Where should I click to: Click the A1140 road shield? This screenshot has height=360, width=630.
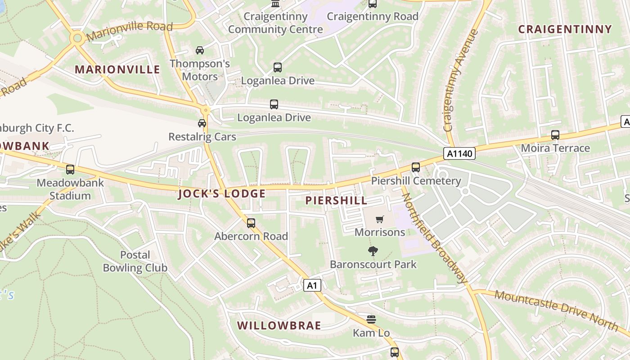[459, 154]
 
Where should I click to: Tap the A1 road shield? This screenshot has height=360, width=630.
[312, 285]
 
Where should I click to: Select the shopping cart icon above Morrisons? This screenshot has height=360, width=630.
[380, 220]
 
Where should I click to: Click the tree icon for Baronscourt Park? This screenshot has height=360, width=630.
[373, 251]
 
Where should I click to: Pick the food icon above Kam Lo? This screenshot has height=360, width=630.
[371, 319]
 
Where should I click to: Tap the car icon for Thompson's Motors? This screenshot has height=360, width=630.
[200, 50]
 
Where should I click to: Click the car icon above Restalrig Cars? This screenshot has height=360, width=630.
[202, 123]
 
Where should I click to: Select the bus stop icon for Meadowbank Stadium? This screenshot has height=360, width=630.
[70, 170]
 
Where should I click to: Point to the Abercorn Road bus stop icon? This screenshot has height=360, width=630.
[251, 223]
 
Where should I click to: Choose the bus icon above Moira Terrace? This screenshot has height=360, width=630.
[555, 135]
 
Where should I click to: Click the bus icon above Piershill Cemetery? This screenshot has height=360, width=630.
[415, 167]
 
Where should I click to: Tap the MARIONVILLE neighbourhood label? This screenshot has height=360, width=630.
[117, 69]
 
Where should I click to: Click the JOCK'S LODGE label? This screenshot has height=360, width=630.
[222, 194]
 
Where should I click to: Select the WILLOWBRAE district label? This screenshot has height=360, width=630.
[279, 325]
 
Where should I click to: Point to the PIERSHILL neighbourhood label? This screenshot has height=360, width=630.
[337, 201]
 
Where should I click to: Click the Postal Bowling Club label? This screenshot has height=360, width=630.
[135, 261]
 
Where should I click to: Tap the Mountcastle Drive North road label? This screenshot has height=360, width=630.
[556, 309]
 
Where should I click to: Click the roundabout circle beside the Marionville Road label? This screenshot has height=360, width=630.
[77, 38]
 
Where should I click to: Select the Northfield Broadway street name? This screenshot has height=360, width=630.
[434, 238]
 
